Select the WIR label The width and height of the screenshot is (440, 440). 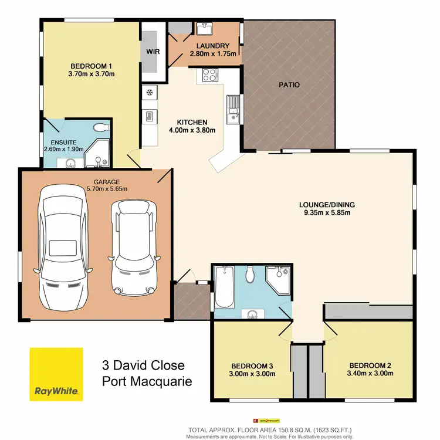click(153, 51)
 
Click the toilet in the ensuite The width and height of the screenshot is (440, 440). click(100, 127)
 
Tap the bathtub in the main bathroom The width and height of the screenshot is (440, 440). click(225, 287)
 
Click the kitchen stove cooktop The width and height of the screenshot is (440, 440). click(210, 75)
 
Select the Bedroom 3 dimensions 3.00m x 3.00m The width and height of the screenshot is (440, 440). click(252, 374)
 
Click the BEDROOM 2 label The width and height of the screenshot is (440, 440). click(368, 365)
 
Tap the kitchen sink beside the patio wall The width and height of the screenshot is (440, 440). click(233, 109)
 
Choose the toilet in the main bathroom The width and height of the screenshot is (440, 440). click(250, 274)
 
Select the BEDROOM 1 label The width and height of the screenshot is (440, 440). click(92, 66)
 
